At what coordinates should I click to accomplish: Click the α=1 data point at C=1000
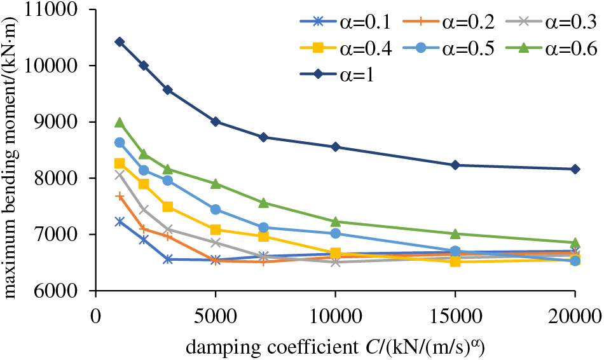click(120, 42)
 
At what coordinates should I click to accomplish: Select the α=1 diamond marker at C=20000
click(575, 169)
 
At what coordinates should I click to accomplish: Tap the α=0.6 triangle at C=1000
click(120, 123)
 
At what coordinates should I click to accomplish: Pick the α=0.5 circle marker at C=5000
click(216, 209)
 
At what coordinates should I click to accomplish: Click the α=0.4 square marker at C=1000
click(120, 163)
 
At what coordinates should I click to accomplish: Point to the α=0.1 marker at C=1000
click(120, 221)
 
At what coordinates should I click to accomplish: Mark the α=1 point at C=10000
click(335, 147)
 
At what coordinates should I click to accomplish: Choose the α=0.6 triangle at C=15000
click(455, 234)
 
